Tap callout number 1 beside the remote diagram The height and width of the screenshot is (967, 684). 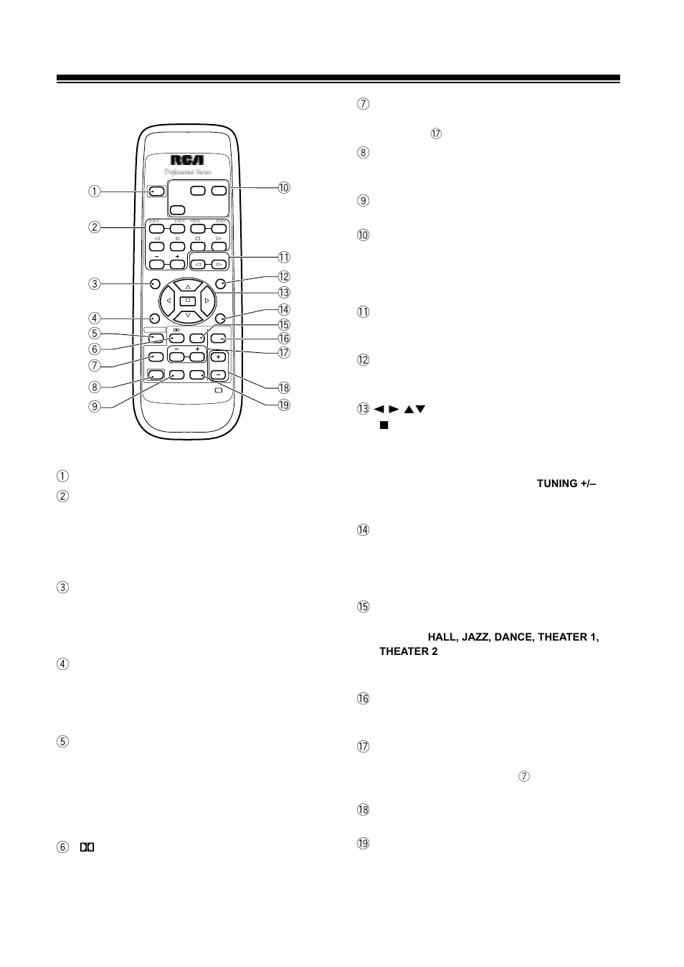95,192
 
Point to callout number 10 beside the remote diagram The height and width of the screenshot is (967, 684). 284,188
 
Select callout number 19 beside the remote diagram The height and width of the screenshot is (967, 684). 284,405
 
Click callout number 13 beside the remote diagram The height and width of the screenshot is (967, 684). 284,292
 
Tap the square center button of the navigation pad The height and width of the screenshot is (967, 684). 187,300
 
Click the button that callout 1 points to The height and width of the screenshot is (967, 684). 156,192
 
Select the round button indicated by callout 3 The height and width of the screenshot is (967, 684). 155,283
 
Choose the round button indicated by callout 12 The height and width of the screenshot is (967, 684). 220,283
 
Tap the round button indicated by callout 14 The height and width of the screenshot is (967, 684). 220,318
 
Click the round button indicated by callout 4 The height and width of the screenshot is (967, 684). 155,318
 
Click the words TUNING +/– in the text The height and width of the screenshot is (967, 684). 568,484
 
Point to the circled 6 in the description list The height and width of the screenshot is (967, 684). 62,847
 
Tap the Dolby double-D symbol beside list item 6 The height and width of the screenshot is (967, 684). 87,847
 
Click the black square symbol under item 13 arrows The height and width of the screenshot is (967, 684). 384,425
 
